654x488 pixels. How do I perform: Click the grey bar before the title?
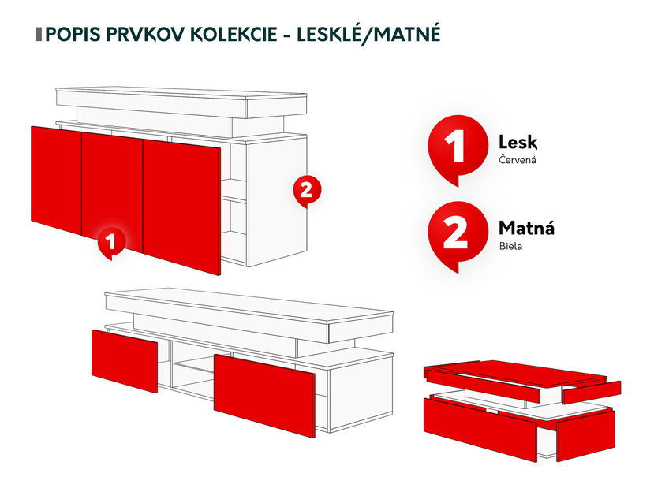coord(39,35)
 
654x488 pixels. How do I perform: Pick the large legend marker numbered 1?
coord(454,147)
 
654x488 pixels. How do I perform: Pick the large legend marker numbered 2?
coord(454,233)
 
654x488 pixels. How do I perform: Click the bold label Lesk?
coord(518,142)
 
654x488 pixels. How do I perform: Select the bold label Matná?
coord(526,229)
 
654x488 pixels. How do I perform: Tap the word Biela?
coord(510,247)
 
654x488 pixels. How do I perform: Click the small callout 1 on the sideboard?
coord(111,242)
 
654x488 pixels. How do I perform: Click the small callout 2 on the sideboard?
coord(307,190)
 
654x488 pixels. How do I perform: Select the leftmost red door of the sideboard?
coord(56,179)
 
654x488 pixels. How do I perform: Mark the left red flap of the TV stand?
coord(124,360)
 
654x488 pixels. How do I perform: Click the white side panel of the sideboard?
coord(276,205)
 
